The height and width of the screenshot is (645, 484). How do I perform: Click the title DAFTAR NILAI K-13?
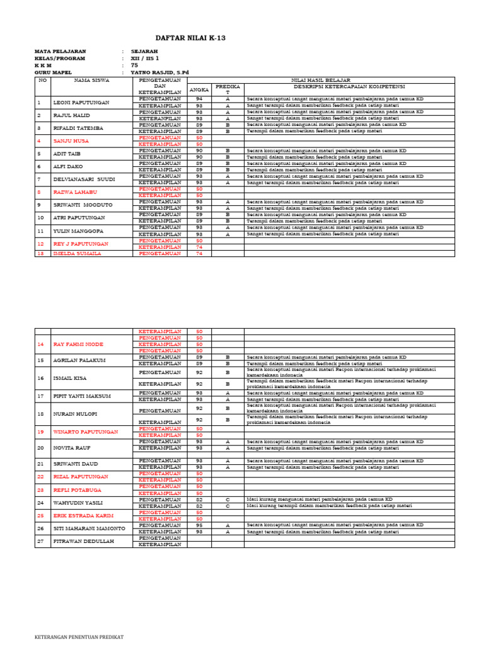190,38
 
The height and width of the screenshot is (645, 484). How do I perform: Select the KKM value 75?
134,65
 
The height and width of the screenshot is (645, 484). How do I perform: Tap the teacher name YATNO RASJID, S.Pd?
159,72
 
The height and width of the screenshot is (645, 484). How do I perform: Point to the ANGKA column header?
199,90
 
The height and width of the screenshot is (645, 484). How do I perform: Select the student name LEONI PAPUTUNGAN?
81,103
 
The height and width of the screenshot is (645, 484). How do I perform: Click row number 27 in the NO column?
41,541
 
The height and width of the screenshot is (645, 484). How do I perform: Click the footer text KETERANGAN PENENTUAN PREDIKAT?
79,637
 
